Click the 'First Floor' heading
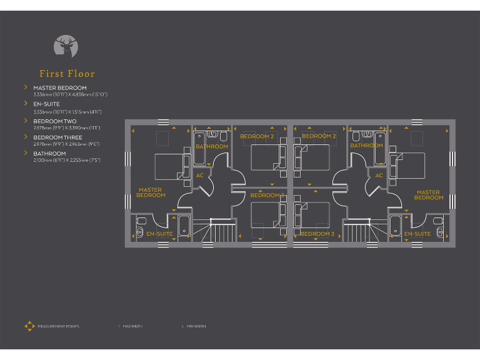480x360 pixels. tap(67, 74)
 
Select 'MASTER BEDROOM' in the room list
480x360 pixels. tap(60, 88)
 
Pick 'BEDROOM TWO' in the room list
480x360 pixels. tap(55, 121)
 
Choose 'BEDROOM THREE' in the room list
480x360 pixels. tap(57, 137)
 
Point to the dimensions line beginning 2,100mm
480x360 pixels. tap(66, 160)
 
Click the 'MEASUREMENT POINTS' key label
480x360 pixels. tap(58, 326)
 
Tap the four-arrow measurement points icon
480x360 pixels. tap(29, 326)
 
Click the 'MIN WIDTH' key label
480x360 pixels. tap(196, 326)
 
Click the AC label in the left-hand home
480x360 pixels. tap(200, 176)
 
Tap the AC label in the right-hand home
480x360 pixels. tap(379, 176)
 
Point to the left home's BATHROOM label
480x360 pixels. tap(212, 146)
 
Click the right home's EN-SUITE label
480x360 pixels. tap(417, 234)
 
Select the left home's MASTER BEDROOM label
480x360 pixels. tap(151, 192)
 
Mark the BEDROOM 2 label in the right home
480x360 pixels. tap(319, 136)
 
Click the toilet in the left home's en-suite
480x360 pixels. tap(141, 221)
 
